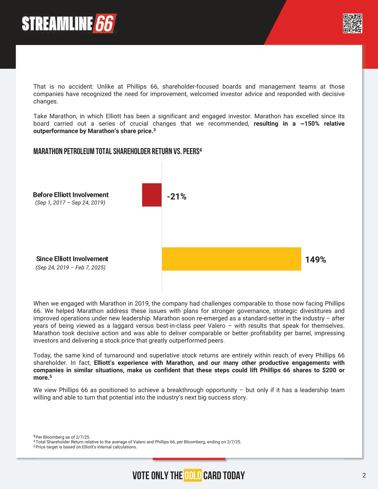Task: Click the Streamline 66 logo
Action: [69, 23]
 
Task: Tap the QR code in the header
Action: [353, 23]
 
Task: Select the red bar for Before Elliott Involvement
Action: [152, 195]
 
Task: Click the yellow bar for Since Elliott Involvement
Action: [231, 259]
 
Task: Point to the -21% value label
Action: [177, 196]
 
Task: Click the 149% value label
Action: [315, 260]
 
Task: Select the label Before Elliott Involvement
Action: [71, 195]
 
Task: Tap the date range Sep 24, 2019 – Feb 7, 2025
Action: [71, 267]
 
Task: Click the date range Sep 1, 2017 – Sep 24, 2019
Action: [70, 203]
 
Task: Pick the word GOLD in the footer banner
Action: [193, 475]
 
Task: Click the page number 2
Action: [364, 475]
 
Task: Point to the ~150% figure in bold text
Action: [310, 124]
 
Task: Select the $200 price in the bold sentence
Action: [329, 370]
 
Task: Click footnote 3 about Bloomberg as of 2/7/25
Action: [62, 437]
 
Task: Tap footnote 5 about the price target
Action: [85, 447]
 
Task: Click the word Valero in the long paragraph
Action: [216, 326]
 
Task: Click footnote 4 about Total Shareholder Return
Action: [138, 442]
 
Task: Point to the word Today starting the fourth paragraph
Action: [42, 355]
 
